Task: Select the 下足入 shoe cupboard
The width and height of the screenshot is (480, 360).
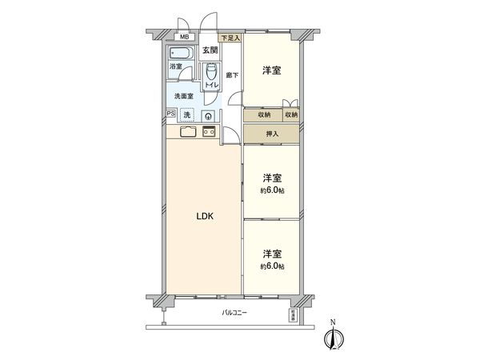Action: [x=230, y=38]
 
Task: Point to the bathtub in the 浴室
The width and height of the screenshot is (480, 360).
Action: [x=178, y=54]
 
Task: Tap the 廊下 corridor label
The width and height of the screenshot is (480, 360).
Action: [x=230, y=74]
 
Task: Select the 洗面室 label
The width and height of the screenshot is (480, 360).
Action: [x=185, y=97]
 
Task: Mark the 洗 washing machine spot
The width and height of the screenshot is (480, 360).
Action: [x=187, y=115]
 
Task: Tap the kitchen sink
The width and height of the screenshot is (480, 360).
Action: [x=189, y=132]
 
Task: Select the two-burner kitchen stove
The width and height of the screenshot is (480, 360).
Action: [x=210, y=132]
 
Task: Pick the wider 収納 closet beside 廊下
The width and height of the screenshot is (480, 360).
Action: [x=263, y=114]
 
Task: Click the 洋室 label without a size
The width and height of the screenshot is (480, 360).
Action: [x=272, y=71]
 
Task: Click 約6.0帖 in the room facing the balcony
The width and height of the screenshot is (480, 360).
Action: [x=272, y=266]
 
